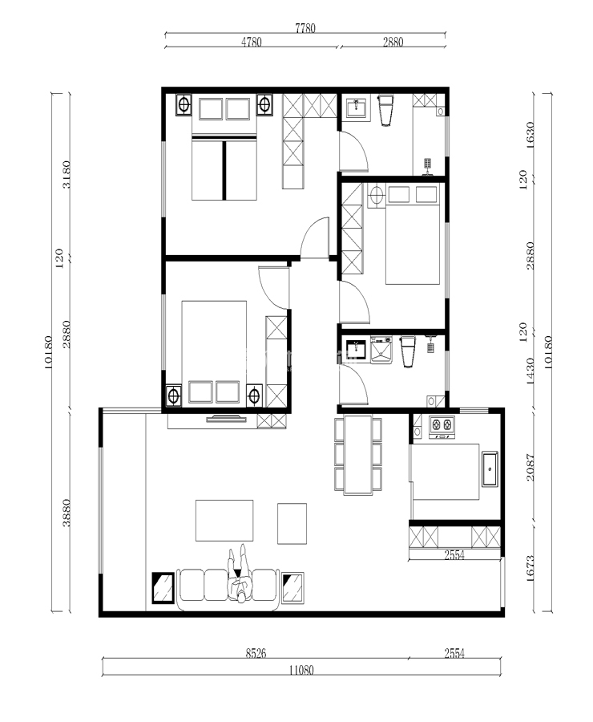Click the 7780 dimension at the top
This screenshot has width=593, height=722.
click(305, 28)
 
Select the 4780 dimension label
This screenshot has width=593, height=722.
click(251, 42)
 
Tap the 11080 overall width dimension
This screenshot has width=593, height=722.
click(301, 670)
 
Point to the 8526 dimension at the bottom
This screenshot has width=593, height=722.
click(256, 653)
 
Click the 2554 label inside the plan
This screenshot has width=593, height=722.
click(454, 555)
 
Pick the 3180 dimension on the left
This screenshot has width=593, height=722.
click(67, 175)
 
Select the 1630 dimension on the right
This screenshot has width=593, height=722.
click(530, 135)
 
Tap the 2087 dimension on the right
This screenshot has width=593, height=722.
click(530, 468)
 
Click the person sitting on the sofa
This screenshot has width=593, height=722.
click(240, 574)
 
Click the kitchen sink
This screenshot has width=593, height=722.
click(490, 469)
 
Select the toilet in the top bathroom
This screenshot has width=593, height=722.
click(385, 110)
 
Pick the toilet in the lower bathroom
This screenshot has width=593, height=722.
click(408, 351)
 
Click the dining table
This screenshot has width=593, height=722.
click(358, 455)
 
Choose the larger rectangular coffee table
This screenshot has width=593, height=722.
click(224, 521)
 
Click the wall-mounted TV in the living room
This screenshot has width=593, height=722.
click(226, 419)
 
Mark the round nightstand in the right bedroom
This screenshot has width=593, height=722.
click(377, 195)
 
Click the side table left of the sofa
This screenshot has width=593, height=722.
click(163, 587)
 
